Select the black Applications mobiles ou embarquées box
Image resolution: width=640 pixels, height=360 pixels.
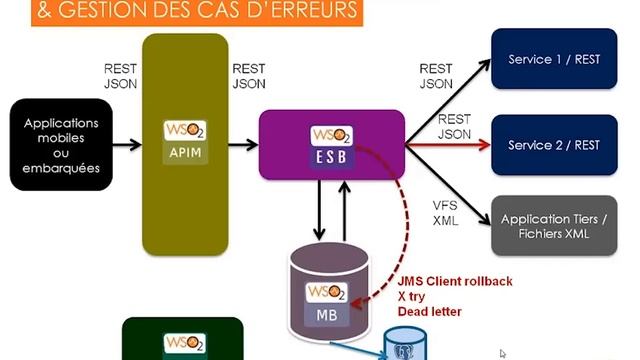(70, 145)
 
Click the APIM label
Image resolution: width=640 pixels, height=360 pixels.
(183, 155)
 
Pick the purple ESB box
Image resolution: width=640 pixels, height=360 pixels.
(331, 146)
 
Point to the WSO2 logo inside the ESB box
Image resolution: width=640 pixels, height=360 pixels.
(331, 135)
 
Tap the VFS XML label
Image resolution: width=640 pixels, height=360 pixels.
(445, 212)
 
